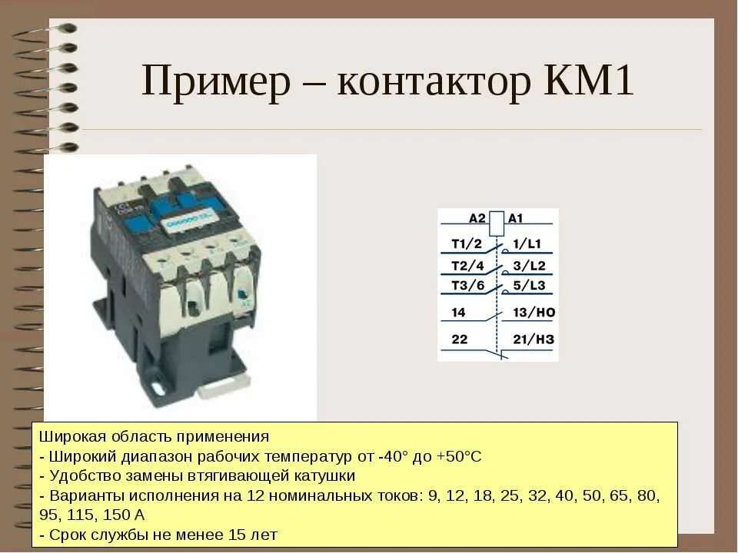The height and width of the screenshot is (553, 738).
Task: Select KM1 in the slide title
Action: point(589,81)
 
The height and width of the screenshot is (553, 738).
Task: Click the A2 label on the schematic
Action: point(477,219)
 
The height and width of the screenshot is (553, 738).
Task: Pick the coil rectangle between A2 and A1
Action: point(497,220)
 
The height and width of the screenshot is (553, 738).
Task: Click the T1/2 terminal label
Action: point(466,244)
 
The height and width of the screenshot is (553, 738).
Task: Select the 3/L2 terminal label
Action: point(529,266)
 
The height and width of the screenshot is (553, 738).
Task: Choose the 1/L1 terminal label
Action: point(528,244)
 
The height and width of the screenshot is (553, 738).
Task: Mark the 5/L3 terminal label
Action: point(529,286)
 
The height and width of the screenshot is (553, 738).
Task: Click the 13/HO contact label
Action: point(534,313)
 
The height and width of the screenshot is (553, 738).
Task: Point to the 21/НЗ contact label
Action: point(534,339)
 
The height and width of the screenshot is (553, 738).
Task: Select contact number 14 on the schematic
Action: point(459,313)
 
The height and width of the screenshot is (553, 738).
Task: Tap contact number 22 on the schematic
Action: point(459,339)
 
